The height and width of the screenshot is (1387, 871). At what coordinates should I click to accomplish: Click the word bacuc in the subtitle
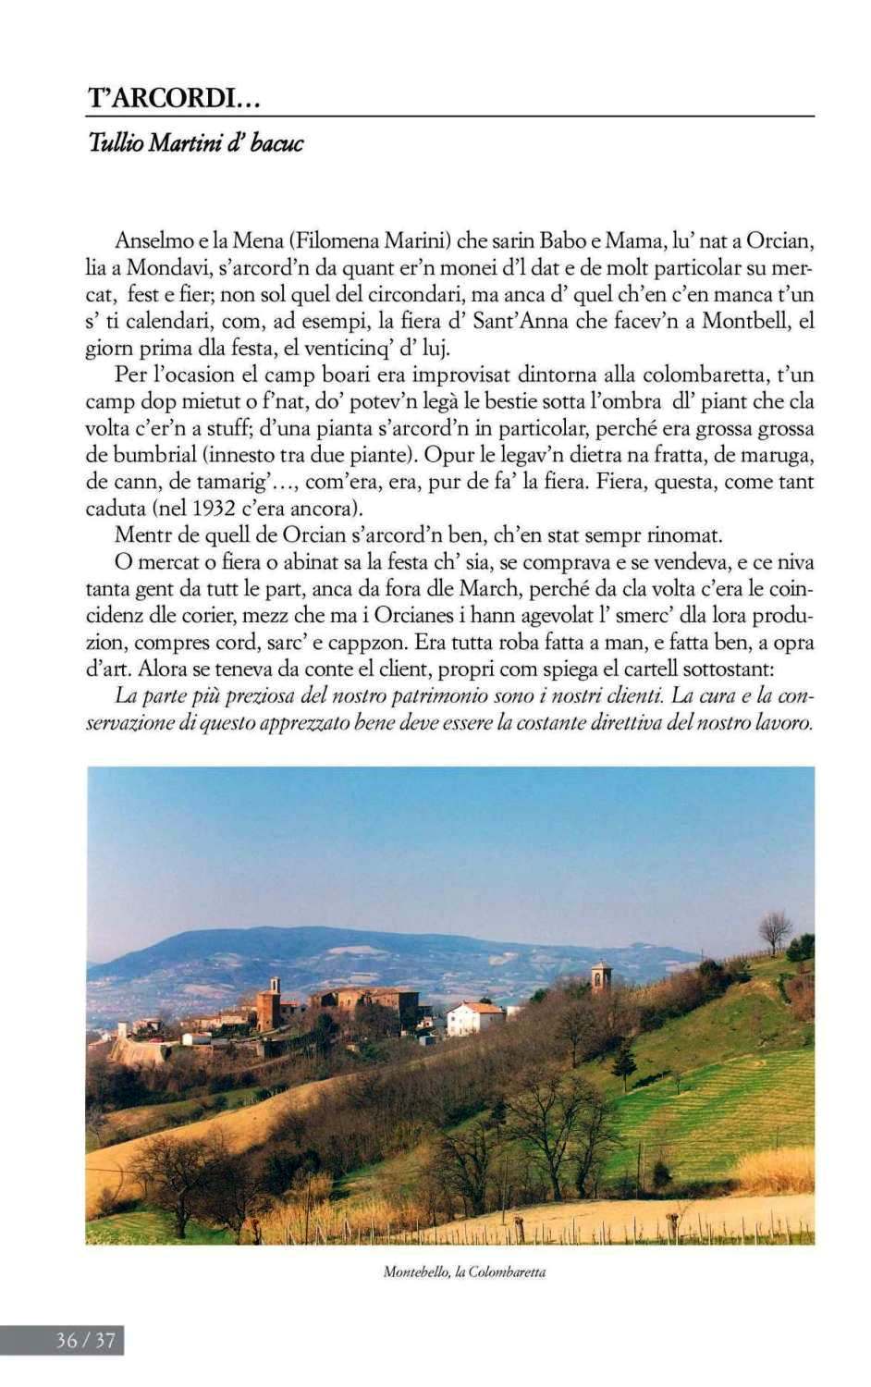point(276,143)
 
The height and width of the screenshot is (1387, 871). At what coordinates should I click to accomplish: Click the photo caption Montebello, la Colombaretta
point(464,1272)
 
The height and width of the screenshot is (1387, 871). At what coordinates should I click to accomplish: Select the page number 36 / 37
point(85,1340)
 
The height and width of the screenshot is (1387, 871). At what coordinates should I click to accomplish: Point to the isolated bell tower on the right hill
point(602,976)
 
